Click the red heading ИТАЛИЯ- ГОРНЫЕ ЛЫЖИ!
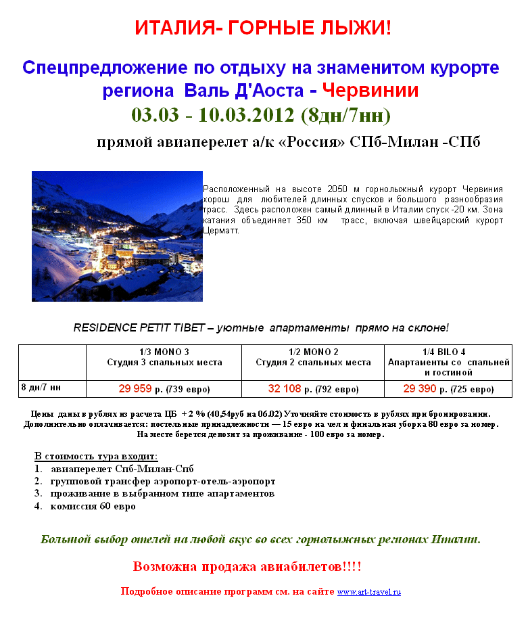(263, 28)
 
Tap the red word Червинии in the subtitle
(370, 90)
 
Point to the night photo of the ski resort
(117, 236)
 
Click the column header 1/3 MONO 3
(164, 352)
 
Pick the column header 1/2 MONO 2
(313, 352)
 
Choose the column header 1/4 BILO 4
(444, 352)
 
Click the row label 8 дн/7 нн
(41, 388)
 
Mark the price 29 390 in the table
(420, 389)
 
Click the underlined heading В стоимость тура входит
(96, 456)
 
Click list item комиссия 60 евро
(93, 506)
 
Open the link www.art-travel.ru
(369, 592)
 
